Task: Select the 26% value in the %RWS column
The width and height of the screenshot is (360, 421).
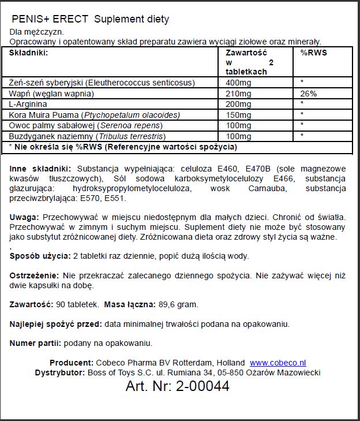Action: (x=309, y=94)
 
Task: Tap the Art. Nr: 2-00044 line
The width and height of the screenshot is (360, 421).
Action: (x=177, y=386)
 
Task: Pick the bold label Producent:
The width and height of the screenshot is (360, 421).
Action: (x=71, y=363)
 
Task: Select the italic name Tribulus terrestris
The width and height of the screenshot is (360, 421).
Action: (x=132, y=136)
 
